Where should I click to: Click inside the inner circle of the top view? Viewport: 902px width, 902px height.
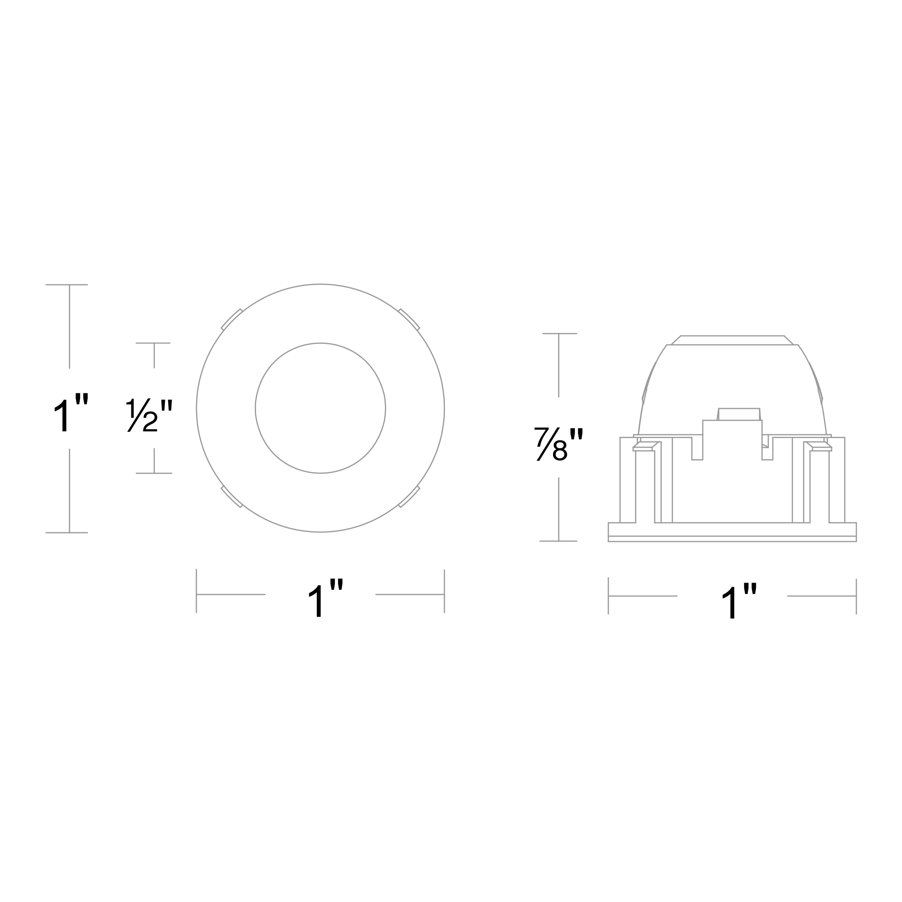point(320,409)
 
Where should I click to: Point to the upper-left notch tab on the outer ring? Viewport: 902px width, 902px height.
point(232,319)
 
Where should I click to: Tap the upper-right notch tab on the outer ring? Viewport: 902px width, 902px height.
point(409,319)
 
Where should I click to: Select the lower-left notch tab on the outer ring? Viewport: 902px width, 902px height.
point(232,497)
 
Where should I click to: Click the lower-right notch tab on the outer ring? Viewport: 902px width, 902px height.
point(409,497)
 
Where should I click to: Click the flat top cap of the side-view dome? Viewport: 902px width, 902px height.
point(732,341)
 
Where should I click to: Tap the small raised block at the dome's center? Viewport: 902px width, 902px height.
point(739,414)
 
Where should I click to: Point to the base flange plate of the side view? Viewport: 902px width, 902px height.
point(732,532)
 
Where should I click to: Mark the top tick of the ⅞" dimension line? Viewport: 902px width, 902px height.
point(559,333)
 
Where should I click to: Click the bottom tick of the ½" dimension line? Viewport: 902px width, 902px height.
point(154,474)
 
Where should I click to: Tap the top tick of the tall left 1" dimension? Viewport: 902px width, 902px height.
point(67,285)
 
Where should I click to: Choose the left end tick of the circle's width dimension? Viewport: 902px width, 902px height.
point(196,591)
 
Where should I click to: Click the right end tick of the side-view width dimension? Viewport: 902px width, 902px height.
point(856,597)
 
